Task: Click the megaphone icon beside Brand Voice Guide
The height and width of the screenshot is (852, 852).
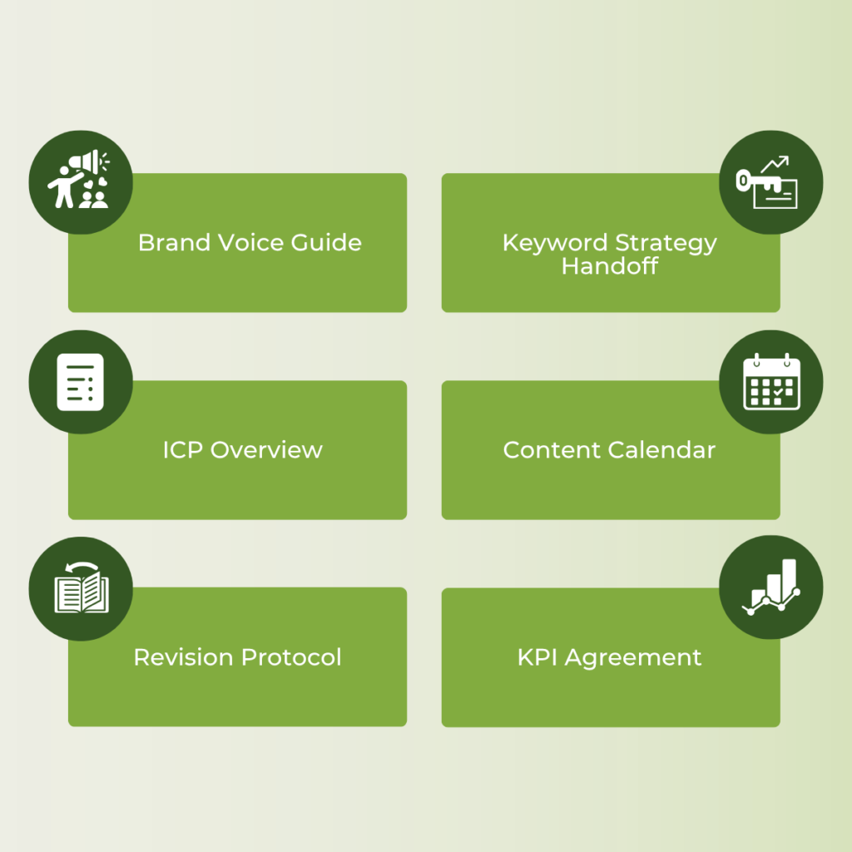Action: (x=81, y=180)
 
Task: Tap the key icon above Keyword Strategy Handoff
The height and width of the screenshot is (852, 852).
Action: (x=770, y=182)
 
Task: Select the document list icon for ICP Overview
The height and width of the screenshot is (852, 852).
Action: (x=81, y=382)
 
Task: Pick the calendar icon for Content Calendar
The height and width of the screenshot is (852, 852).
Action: (x=770, y=382)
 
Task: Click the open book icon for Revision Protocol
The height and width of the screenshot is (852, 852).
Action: (x=81, y=589)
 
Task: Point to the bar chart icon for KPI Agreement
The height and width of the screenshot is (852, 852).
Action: (x=770, y=587)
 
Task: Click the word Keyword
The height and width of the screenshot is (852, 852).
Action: (x=555, y=243)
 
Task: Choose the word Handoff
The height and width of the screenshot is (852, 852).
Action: (x=609, y=266)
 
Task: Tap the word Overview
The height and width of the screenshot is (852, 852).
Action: (x=266, y=450)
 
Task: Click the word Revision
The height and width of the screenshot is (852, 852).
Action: (x=184, y=657)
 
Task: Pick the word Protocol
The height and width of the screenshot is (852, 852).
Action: (x=291, y=657)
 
